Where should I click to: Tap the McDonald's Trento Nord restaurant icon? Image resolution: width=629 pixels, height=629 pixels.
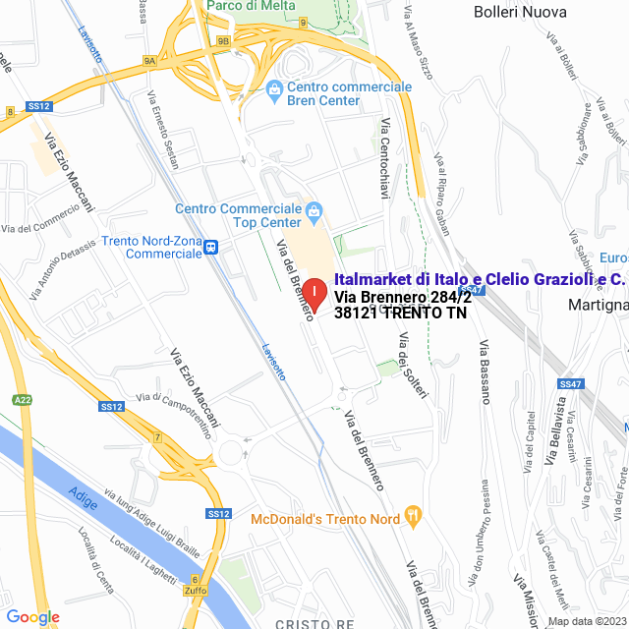[414, 513]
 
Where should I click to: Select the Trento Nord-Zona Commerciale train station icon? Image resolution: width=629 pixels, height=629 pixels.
[211, 250]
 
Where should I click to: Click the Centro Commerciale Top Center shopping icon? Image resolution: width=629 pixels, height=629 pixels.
[314, 209]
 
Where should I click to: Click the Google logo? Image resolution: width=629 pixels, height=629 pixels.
[32, 616]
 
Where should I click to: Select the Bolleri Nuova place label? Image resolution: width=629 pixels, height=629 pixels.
[520, 13]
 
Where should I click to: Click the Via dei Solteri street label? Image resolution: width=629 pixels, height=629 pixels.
[414, 366]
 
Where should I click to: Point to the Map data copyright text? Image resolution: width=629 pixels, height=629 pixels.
[586, 621]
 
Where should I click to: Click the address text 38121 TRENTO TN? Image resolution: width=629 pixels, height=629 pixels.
[400, 314]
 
